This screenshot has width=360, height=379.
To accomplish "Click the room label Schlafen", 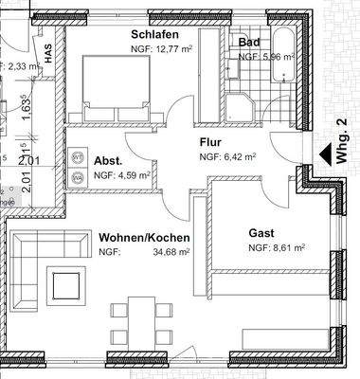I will (x=156, y=35).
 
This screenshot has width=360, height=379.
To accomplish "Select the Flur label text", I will (x=210, y=144).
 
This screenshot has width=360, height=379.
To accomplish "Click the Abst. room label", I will (x=106, y=160).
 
